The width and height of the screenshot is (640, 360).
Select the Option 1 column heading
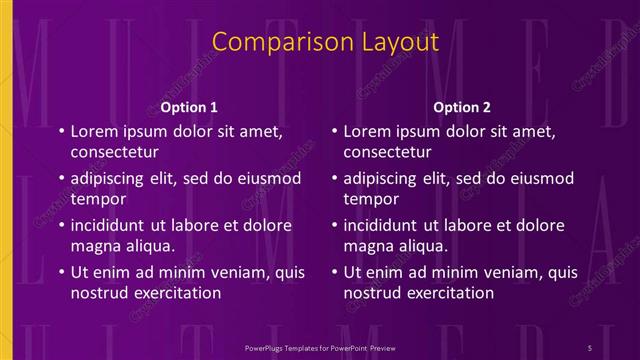coord(189,107)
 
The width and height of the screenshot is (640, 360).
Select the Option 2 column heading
coord(461,107)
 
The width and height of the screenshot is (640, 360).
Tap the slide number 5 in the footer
coord(591,345)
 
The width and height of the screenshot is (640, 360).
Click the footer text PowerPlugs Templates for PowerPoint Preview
coord(319,345)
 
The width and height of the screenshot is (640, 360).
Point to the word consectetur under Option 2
coord(388,153)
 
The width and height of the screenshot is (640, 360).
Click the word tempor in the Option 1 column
coord(96,199)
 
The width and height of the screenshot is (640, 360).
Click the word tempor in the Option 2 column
coord(369,199)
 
